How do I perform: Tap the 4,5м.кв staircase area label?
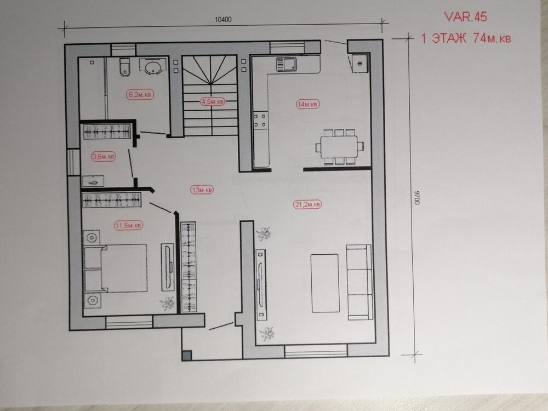211,101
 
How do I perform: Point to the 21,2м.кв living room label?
307,204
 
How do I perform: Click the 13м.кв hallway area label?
202,190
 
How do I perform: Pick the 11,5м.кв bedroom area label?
129,225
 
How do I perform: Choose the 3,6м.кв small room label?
104,157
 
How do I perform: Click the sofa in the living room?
358,282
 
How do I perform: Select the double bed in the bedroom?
116,269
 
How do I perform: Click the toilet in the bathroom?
124,66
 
